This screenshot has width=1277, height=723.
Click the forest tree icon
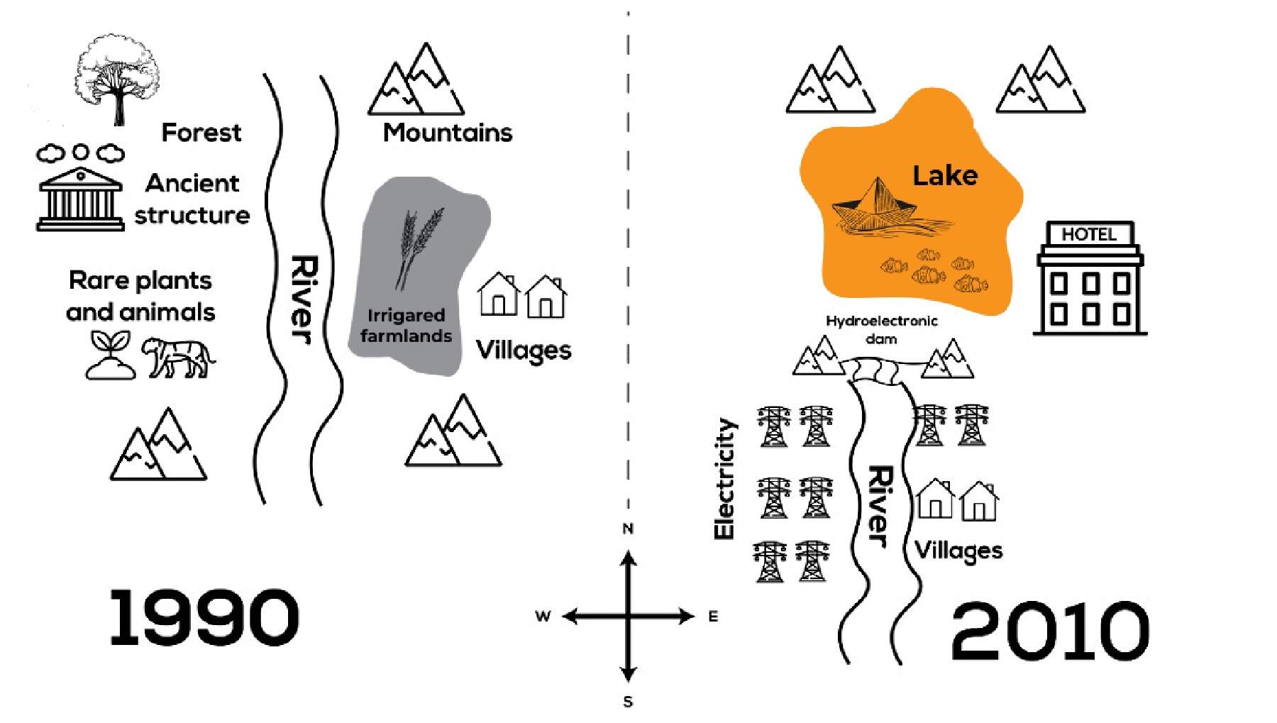click(x=117, y=78)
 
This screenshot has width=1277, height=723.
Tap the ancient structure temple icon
click(x=80, y=199)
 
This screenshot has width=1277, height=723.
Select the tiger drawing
click(x=178, y=357)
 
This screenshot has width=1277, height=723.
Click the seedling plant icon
click(x=110, y=355)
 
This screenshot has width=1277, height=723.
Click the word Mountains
click(x=448, y=133)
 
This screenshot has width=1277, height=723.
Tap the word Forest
click(x=201, y=133)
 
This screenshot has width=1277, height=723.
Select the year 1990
click(x=204, y=617)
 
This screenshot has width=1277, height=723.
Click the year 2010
click(x=1049, y=631)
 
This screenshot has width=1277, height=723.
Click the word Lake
click(x=945, y=175)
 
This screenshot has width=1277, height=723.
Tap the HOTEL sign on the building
click(x=1089, y=234)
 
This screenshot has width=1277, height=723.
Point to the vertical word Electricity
click(x=724, y=478)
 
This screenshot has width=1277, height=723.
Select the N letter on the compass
click(x=628, y=529)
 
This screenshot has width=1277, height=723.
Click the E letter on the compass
click(x=713, y=617)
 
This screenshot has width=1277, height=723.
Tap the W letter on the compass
click(x=543, y=616)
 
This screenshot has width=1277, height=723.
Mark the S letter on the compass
click(x=628, y=702)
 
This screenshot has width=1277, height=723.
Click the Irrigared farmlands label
click(x=406, y=326)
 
